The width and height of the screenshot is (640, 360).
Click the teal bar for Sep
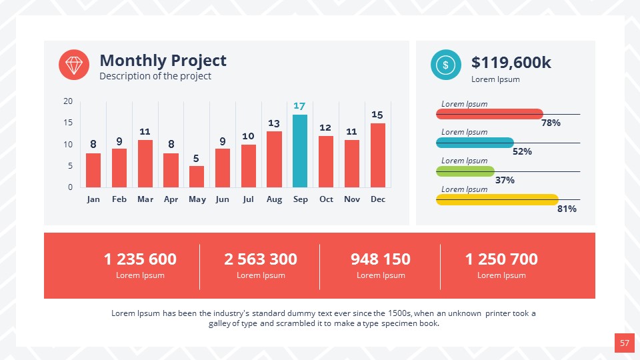click(x=300, y=151)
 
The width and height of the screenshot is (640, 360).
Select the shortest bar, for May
click(x=197, y=177)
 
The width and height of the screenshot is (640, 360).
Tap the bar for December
click(x=377, y=155)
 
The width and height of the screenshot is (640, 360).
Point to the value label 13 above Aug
click(x=274, y=123)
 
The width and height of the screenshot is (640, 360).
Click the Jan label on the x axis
click(x=93, y=199)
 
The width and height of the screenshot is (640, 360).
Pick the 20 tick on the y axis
click(x=68, y=101)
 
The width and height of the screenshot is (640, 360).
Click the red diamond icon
click(x=74, y=65)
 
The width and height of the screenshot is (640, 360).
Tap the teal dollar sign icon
click(x=445, y=65)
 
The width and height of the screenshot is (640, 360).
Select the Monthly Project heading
click(x=163, y=61)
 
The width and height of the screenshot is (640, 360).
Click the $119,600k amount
click(x=511, y=63)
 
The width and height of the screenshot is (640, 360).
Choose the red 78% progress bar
click(x=489, y=114)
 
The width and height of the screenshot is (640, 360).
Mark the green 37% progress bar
click(x=465, y=171)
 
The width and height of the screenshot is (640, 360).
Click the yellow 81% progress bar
click(x=497, y=199)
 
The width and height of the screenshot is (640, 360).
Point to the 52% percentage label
click(x=522, y=151)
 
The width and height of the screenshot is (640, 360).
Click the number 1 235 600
click(x=140, y=259)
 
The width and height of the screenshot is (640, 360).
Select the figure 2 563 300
click(x=261, y=259)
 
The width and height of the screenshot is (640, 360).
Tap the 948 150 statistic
click(x=381, y=259)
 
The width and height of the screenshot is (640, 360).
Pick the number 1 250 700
click(x=501, y=259)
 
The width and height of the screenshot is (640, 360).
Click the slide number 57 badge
click(x=624, y=343)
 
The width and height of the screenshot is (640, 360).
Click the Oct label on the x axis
click(x=326, y=199)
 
